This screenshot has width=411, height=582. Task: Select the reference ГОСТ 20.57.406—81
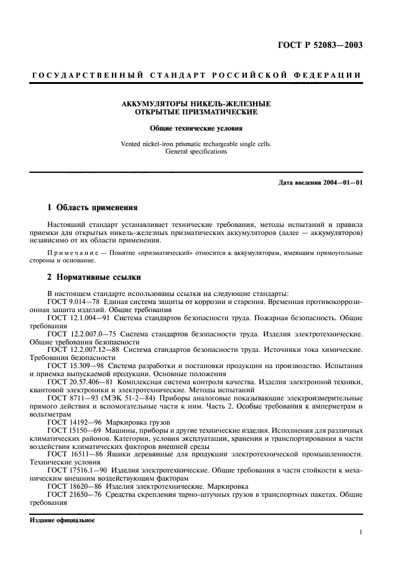(76, 382)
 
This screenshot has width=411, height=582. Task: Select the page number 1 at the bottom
(361, 532)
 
